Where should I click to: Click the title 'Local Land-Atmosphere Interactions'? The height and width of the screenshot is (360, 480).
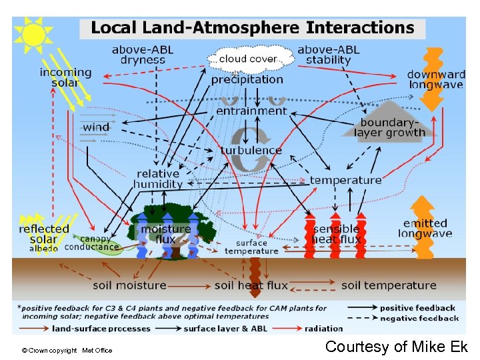click(253, 28)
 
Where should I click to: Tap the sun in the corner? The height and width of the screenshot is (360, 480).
click(33, 34)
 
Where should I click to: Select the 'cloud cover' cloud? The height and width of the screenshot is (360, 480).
click(249, 59)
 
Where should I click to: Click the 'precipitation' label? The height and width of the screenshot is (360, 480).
click(247, 79)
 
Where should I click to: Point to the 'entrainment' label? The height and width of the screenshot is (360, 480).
click(251, 111)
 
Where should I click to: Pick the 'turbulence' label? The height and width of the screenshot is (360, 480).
click(251, 150)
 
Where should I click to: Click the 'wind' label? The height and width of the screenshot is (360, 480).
click(97, 127)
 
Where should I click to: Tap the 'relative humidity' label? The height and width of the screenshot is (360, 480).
click(158, 179)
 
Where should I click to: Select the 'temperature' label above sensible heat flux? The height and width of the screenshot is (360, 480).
click(345, 180)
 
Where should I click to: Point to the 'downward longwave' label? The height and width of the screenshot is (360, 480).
click(436, 79)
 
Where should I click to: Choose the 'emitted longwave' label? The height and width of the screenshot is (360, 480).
click(425, 228)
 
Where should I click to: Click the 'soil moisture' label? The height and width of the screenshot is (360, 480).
click(129, 285)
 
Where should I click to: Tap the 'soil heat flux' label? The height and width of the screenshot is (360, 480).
click(251, 285)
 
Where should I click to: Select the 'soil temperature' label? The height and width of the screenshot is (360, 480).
click(389, 285)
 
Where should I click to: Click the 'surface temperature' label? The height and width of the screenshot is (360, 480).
click(251, 247)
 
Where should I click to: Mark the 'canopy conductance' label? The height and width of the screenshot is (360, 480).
click(93, 243)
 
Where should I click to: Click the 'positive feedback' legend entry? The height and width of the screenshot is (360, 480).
click(418, 308)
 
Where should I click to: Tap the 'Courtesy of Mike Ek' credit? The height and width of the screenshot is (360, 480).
click(397, 347)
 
